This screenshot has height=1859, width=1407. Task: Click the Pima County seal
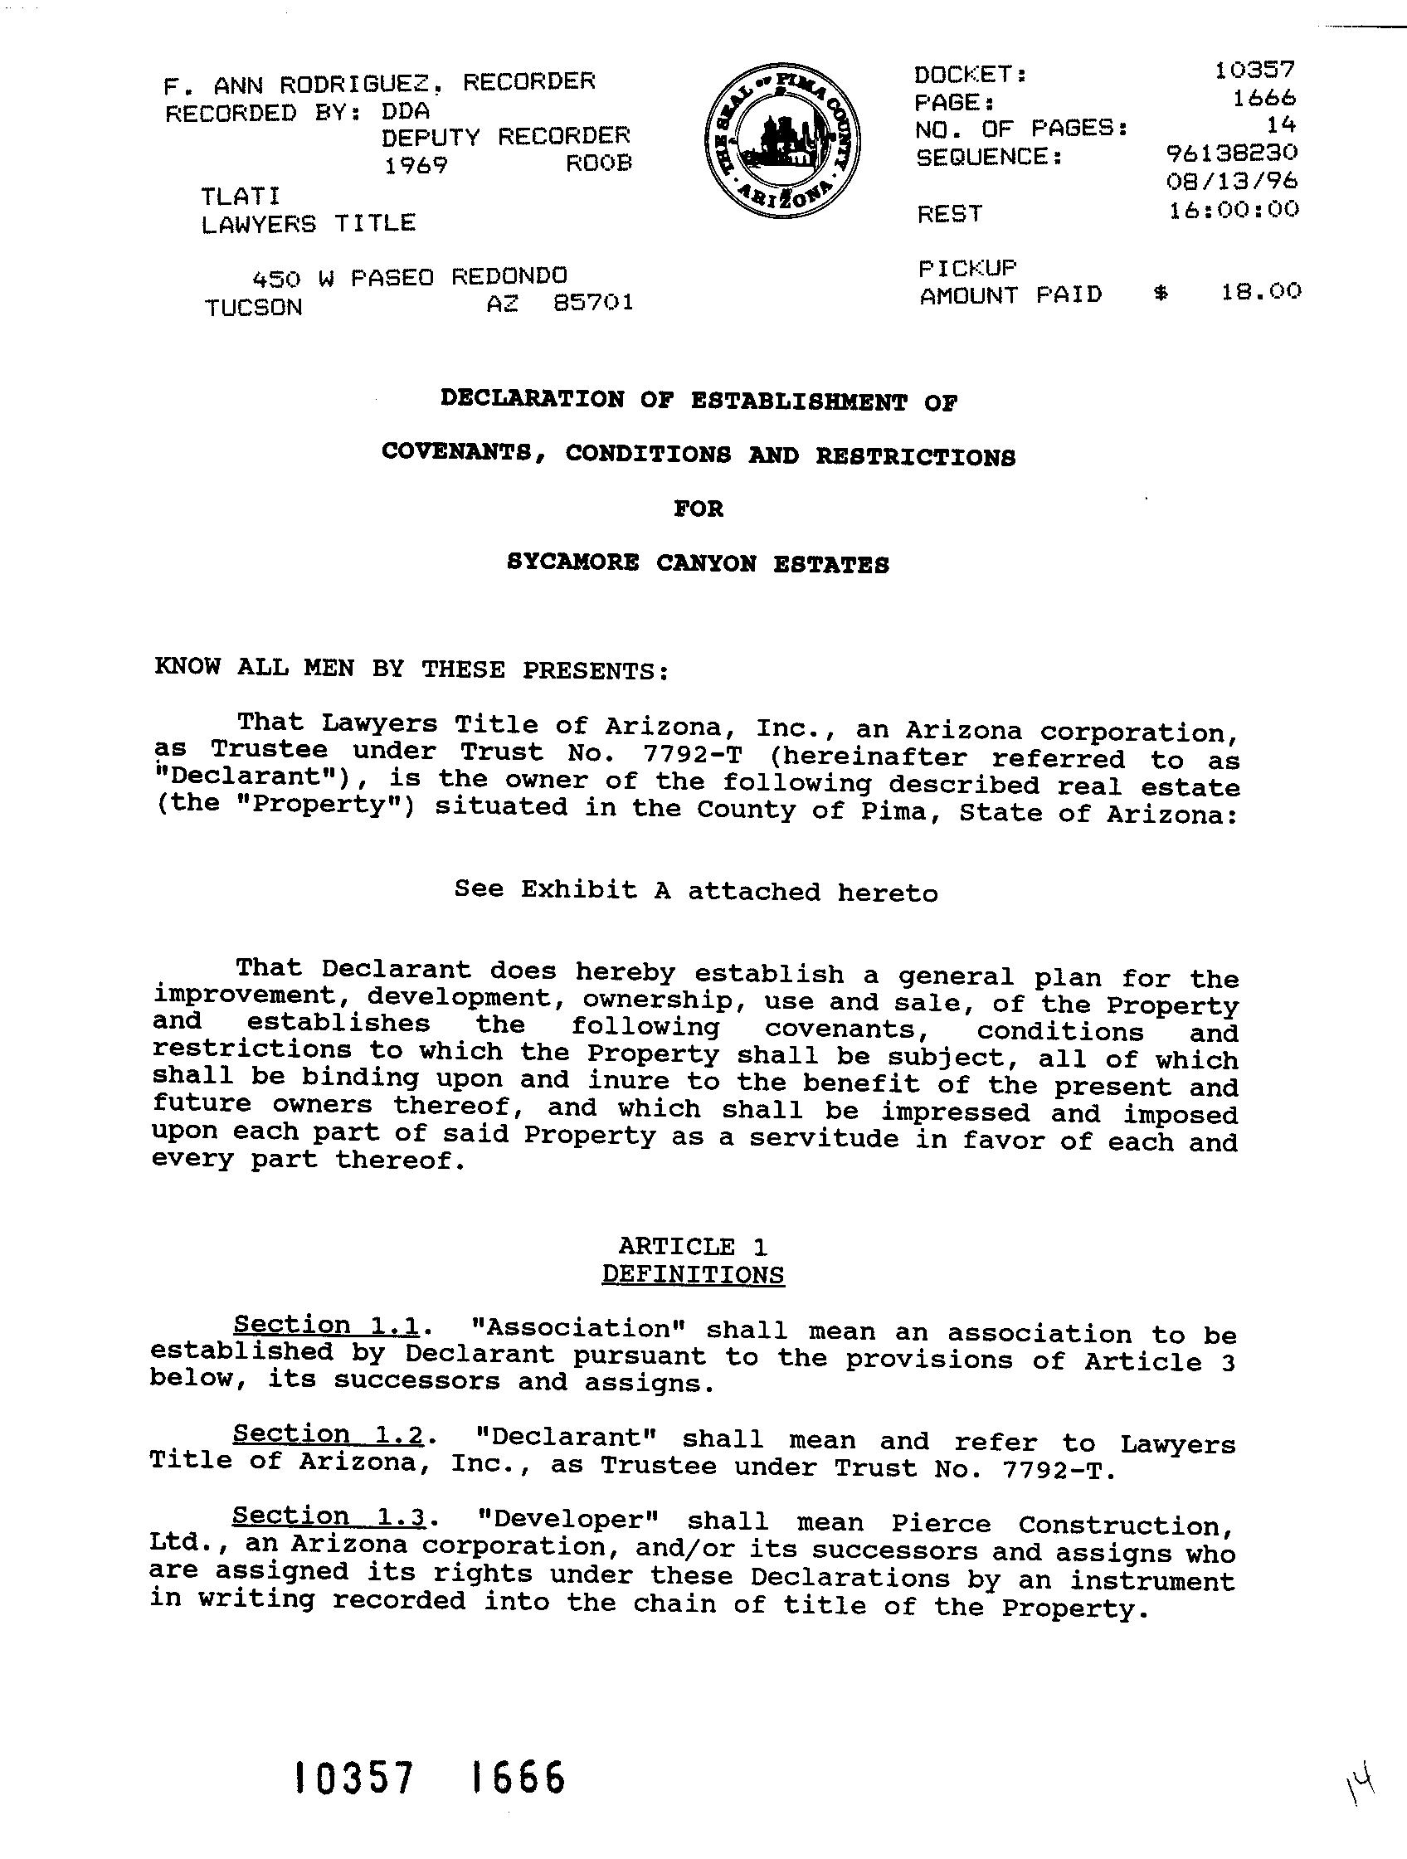[782, 141]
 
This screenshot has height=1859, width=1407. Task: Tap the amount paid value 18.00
[1261, 292]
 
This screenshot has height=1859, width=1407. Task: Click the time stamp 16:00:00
[1233, 208]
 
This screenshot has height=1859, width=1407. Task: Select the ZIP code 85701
[592, 303]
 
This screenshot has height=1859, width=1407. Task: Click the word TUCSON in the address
[253, 308]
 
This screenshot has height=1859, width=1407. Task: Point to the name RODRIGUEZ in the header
[358, 84]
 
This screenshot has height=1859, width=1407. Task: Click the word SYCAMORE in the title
[572, 562]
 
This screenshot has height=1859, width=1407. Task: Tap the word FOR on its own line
[699, 509]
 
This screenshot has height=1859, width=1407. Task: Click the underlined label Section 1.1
[326, 1326]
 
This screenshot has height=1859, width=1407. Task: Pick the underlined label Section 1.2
[327, 1433]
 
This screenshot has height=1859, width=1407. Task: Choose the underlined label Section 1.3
[326, 1516]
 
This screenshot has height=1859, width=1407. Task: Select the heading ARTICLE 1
[693, 1245]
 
